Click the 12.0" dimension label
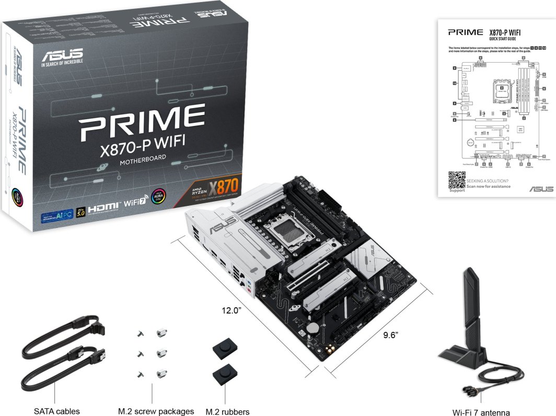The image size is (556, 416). (231, 310)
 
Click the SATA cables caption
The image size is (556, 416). (57, 411)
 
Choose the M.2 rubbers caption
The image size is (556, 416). (227, 411)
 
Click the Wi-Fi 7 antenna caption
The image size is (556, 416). (481, 412)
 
